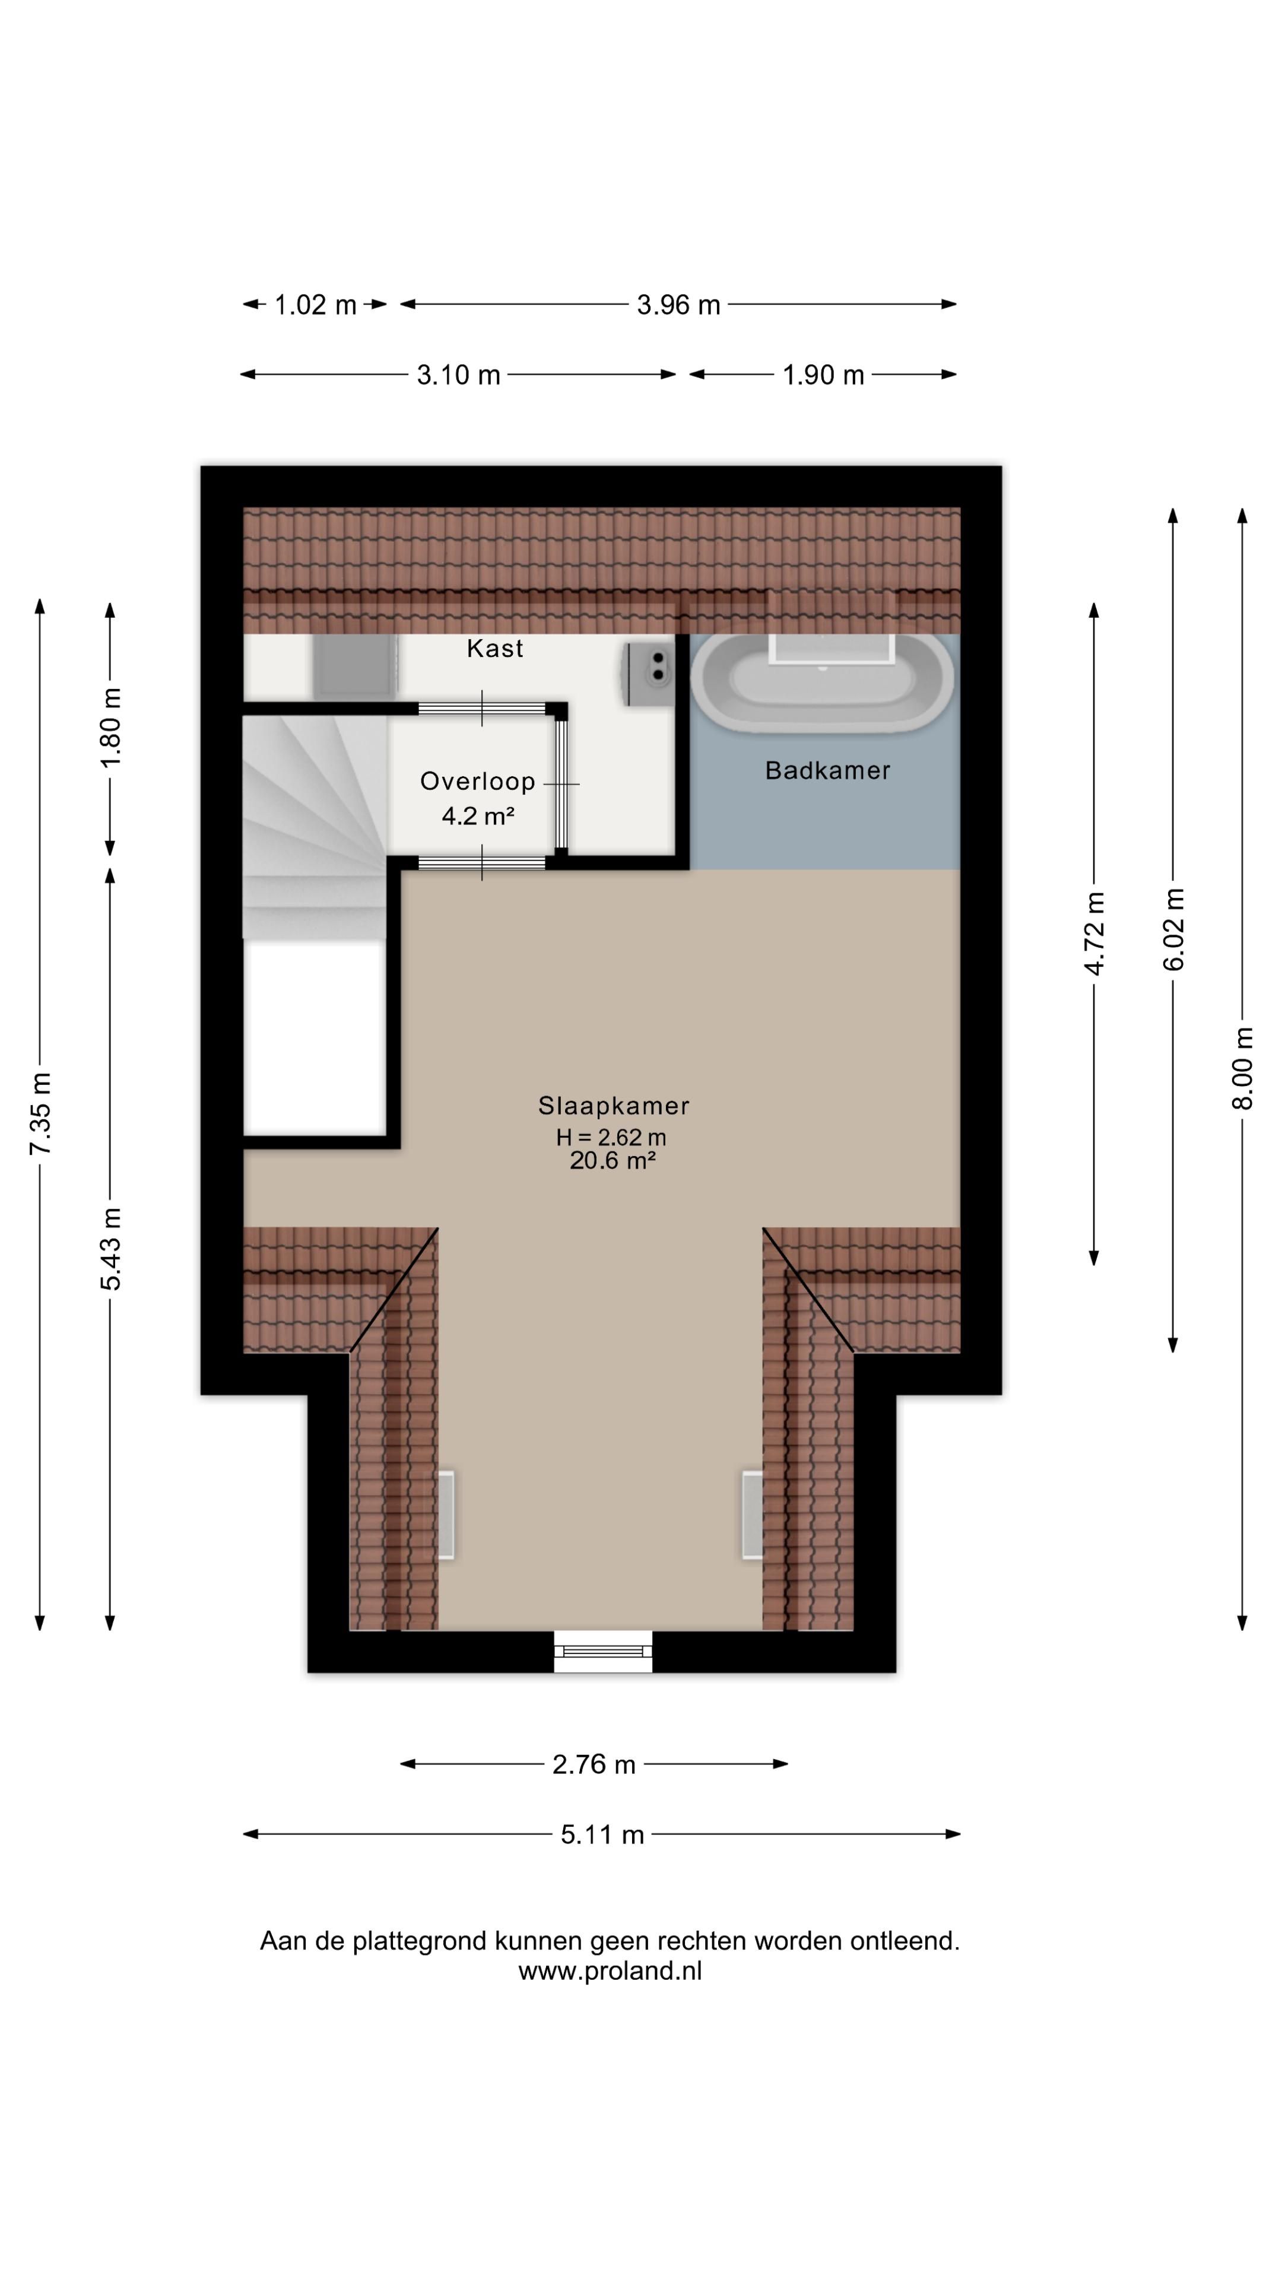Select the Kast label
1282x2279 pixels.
pyautogui.click(x=494, y=649)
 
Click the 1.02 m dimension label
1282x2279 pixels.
pyautogui.click(x=315, y=305)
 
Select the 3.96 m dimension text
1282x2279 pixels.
pyautogui.click(x=678, y=305)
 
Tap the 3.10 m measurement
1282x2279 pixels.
pyautogui.click(x=458, y=375)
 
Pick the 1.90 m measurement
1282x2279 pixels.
pyautogui.click(x=823, y=375)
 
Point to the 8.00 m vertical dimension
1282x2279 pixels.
pyautogui.click(x=1243, y=1068)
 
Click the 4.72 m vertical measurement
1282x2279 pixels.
pyautogui.click(x=1094, y=934)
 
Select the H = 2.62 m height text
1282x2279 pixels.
pyautogui.click(x=611, y=1137)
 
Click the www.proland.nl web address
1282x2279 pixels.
pyautogui.click(x=610, y=1970)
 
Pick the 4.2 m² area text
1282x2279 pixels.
pyautogui.click(x=478, y=815)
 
